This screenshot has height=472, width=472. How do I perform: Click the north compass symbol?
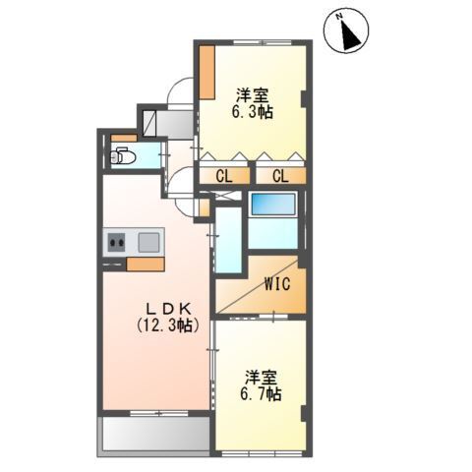point(347,30)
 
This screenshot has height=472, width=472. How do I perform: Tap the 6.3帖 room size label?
point(253,112)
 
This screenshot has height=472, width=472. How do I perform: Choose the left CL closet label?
point(224,176)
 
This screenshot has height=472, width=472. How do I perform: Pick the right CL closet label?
point(279,176)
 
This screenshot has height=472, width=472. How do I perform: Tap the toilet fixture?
point(122,155)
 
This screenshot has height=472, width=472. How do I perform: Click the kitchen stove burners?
point(117,241)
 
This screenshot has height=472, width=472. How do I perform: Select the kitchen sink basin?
point(149,241)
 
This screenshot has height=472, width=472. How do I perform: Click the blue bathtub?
point(272,205)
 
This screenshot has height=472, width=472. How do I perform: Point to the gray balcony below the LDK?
point(153,435)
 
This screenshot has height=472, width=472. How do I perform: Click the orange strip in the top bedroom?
point(207,70)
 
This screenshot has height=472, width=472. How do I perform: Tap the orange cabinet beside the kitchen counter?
point(145,264)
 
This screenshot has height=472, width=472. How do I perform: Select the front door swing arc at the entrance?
point(179,90)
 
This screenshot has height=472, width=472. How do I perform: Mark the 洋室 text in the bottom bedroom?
point(259,376)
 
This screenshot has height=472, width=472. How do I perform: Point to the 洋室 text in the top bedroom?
point(252,95)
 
